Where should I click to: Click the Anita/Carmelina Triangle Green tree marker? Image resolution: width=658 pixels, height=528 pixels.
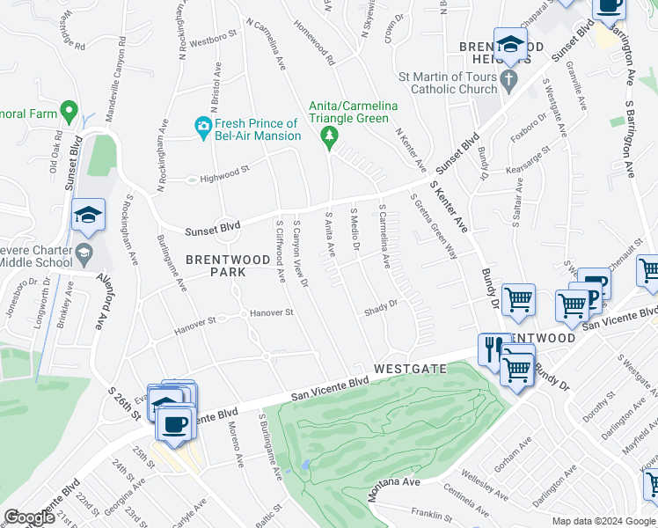coord(329,136)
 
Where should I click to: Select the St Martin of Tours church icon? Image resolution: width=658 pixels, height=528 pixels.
coord(508,82)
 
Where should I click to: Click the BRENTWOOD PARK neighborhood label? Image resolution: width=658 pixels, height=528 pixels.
coord(216,266)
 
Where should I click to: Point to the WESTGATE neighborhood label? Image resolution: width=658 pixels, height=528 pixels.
coord(410,369)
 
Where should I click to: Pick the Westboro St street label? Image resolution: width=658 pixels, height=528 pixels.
coord(214,40)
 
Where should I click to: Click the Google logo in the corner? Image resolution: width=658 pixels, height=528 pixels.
coord(30,517)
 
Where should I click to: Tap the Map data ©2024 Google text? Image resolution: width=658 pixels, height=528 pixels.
coord(604,521)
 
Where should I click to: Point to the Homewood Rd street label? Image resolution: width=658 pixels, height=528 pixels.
coord(316,44)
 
